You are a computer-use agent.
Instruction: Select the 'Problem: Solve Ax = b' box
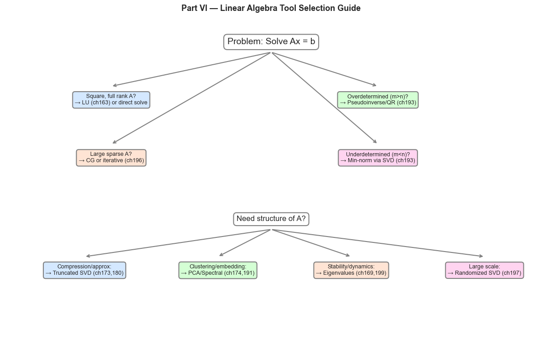[271, 41]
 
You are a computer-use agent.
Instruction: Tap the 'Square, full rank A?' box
[111, 99]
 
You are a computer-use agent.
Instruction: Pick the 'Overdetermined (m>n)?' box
[377, 99]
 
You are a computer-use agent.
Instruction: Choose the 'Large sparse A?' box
[111, 157]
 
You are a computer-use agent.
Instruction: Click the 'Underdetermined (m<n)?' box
[377, 157]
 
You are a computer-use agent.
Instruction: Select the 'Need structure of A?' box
[271, 219]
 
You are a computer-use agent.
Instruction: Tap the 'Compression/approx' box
[84, 270]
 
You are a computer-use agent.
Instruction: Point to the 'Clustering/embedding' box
[217, 270]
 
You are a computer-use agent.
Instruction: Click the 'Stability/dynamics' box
[351, 270]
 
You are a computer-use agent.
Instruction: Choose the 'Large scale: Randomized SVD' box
[484, 270]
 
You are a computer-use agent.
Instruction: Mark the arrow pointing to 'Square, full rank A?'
[191, 69]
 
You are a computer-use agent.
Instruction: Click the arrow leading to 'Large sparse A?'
[191, 98]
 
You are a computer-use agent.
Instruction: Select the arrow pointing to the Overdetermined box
[324, 69]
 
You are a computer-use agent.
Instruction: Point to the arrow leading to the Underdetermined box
[324, 98]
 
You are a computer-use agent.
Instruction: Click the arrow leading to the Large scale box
[377, 243]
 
